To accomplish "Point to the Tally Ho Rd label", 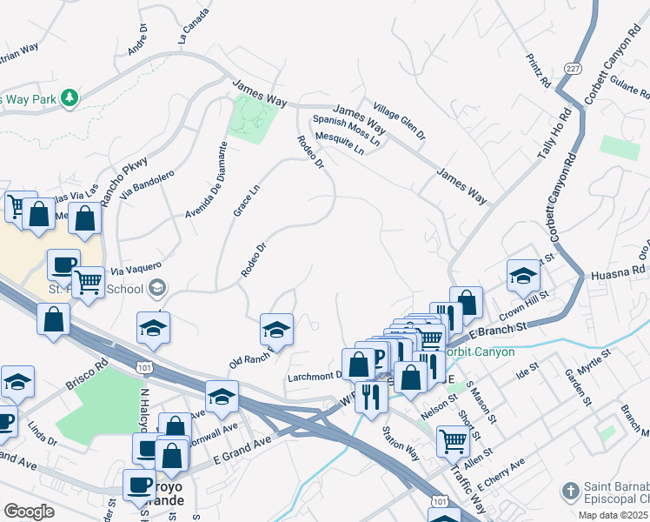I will [x=554, y=131].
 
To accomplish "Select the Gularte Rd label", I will [x=620, y=86].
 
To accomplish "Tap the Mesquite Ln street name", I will [x=341, y=142].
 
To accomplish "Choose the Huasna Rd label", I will [x=620, y=272].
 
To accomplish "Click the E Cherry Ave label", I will [x=501, y=468].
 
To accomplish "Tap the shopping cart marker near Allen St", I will [x=453, y=441].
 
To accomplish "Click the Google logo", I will [x=29, y=512].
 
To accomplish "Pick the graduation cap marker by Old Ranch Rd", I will [x=276, y=329].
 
